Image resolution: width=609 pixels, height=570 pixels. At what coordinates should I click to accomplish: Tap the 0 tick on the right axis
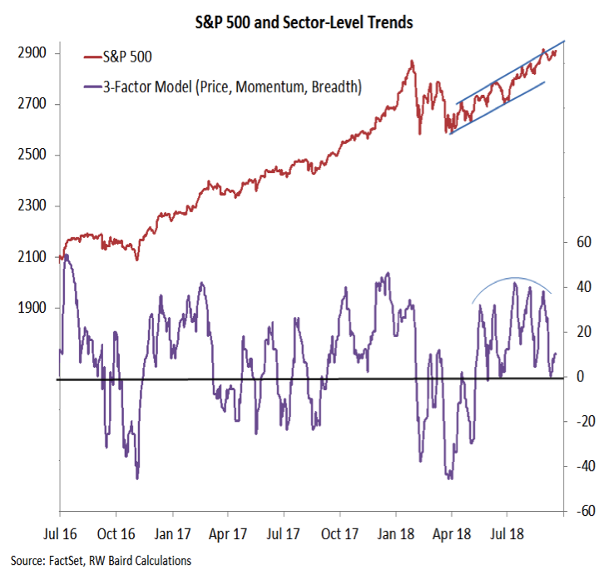tap(581, 377)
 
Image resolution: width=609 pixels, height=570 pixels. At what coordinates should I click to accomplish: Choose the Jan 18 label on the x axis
tap(396, 531)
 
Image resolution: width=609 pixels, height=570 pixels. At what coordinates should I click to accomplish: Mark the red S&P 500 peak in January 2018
tap(411, 61)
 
